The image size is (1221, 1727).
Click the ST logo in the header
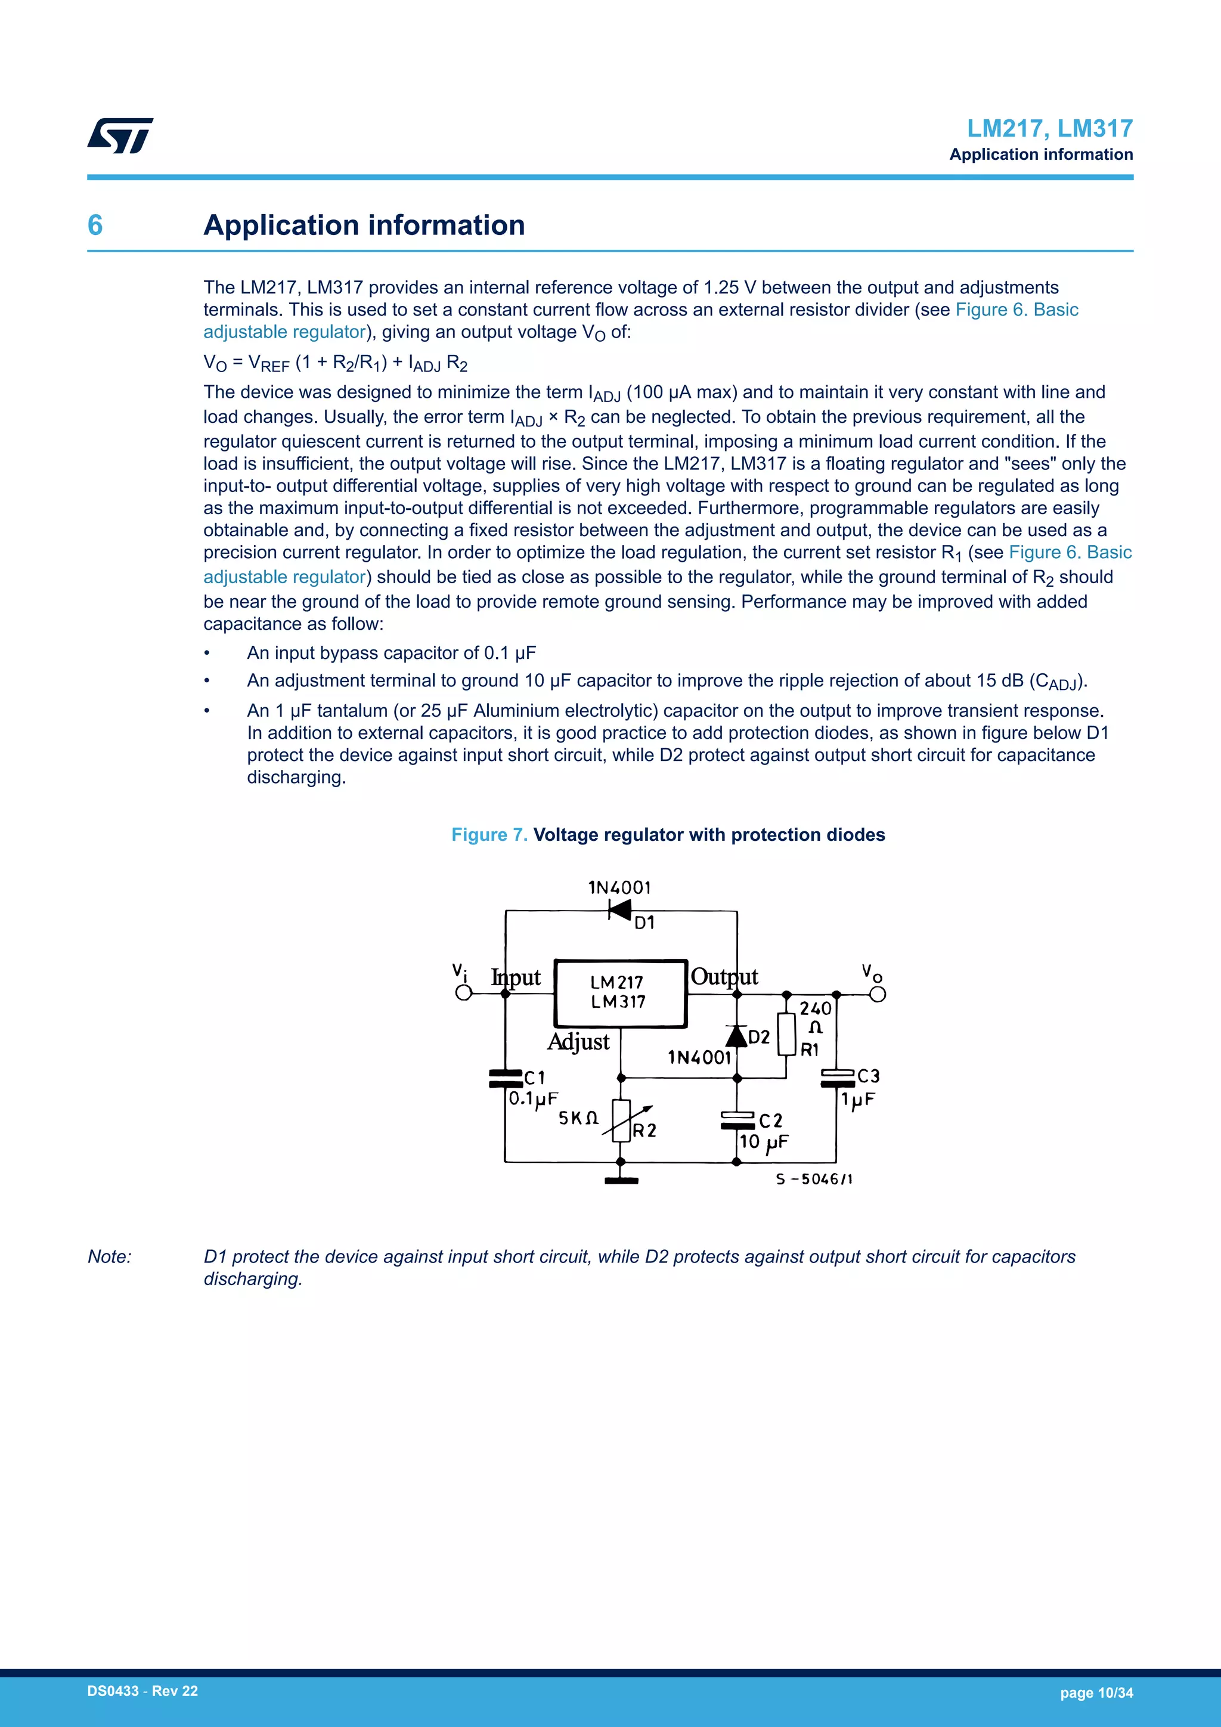click(120, 135)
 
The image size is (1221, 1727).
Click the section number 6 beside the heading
click(95, 225)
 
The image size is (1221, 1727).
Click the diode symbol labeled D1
click(619, 910)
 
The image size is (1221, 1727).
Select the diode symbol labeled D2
click(737, 1036)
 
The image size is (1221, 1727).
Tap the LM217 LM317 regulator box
click(620, 993)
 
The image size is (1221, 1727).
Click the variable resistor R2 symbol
click(621, 1121)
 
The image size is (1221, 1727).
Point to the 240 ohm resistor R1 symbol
click(786, 1034)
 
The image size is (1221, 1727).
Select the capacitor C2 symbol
click(737, 1120)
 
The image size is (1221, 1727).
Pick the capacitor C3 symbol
click(837, 1078)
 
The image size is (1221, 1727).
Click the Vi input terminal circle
click(464, 993)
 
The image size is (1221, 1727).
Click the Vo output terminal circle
click(878, 994)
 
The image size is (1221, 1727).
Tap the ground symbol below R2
click(621, 1180)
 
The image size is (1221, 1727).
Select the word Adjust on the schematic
click(578, 1042)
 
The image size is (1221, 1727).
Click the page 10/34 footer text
click(1096, 1693)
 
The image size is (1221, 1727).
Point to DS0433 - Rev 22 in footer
click(143, 1691)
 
